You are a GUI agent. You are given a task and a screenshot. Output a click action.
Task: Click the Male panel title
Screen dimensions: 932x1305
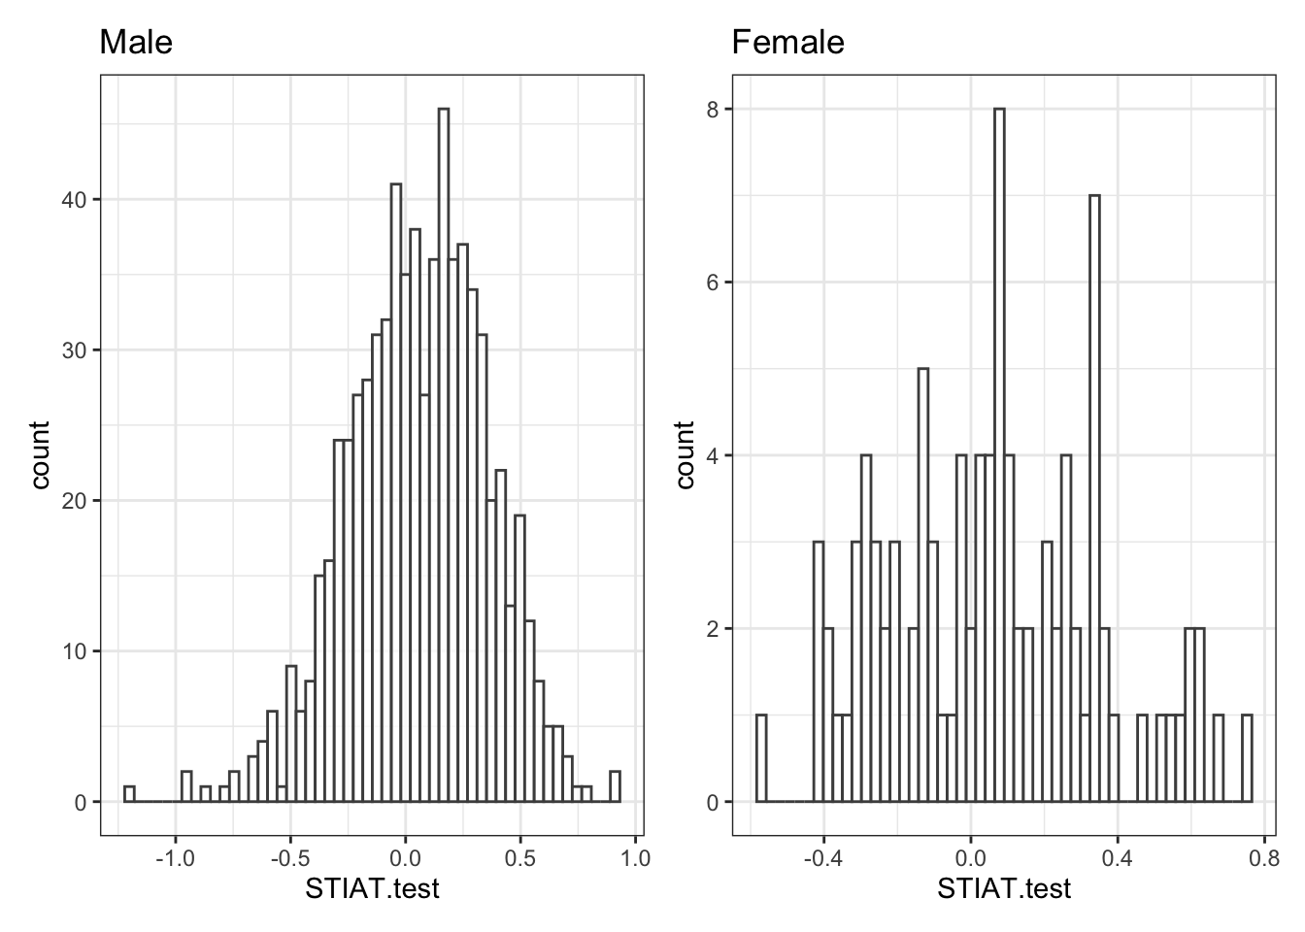coord(136,43)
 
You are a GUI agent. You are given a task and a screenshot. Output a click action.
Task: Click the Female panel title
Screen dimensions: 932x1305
coord(787,43)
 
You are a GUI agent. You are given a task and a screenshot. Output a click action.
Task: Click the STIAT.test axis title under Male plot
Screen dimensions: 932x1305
coord(373,887)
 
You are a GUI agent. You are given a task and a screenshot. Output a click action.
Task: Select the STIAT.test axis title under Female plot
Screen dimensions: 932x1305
coord(1004,887)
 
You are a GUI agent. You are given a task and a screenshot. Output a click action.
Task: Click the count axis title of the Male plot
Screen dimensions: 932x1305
coord(41,455)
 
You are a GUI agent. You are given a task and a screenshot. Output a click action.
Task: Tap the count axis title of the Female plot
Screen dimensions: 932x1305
coord(686,455)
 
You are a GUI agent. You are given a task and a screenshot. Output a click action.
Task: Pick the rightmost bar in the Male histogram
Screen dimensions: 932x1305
coord(615,786)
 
